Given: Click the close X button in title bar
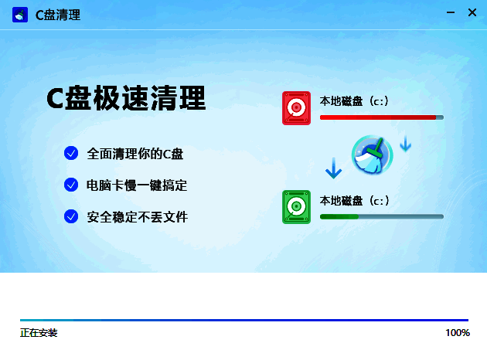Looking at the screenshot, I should point(472,12).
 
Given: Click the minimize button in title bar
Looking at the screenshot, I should point(450,12).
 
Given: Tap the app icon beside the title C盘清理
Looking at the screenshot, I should point(20,15).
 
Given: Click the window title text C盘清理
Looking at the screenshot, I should point(58,15).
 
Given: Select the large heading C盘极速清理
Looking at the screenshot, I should point(126,98).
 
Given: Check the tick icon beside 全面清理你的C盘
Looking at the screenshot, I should point(71,153).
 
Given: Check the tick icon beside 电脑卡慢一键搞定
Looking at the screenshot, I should point(71,185).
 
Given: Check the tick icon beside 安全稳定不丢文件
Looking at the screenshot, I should point(71,216).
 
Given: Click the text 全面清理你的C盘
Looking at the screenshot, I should point(135,154).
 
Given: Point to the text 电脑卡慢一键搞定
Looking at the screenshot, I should point(138,185).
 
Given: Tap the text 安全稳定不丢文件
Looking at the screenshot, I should point(138,217).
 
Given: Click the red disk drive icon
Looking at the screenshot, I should point(296,108).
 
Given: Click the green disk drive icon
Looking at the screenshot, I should point(296,207).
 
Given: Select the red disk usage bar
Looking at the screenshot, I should point(381,117).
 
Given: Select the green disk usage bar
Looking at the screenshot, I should point(381,217).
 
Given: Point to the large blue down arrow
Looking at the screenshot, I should point(333,168).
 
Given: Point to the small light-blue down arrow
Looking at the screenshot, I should point(405,143).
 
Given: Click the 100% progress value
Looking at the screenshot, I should point(457,333).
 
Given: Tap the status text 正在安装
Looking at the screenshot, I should point(39,333).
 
